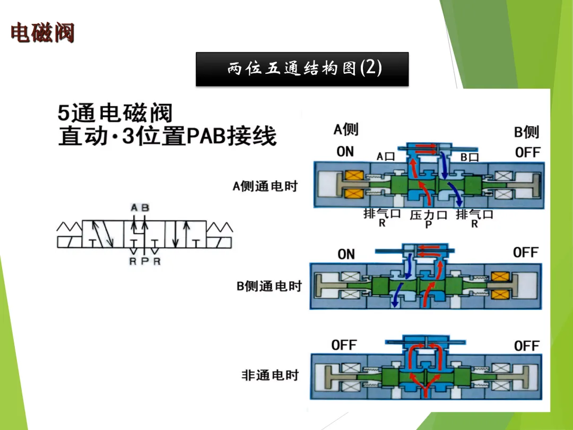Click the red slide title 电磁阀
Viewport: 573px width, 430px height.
(42, 33)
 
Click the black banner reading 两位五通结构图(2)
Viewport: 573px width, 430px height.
(302, 69)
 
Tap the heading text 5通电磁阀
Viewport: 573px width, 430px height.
(115, 113)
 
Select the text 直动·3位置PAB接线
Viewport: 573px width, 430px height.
(167, 136)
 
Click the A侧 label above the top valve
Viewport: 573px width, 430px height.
(346, 129)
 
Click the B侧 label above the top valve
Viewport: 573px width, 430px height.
(526, 132)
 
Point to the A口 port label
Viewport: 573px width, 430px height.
(386, 157)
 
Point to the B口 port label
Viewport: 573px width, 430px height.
(470, 157)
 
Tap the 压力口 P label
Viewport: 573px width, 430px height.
(429, 218)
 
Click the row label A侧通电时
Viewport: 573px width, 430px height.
(265, 186)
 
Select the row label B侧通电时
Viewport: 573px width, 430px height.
(269, 286)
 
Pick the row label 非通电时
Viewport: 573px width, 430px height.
(271, 375)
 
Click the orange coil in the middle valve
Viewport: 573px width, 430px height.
(500, 285)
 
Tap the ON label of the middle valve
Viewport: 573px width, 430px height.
(346, 254)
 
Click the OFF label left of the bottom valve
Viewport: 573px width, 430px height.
(344, 345)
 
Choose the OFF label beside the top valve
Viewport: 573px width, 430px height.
(527, 153)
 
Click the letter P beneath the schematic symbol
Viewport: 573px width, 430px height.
(144, 261)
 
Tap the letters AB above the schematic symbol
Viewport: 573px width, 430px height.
(140, 208)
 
